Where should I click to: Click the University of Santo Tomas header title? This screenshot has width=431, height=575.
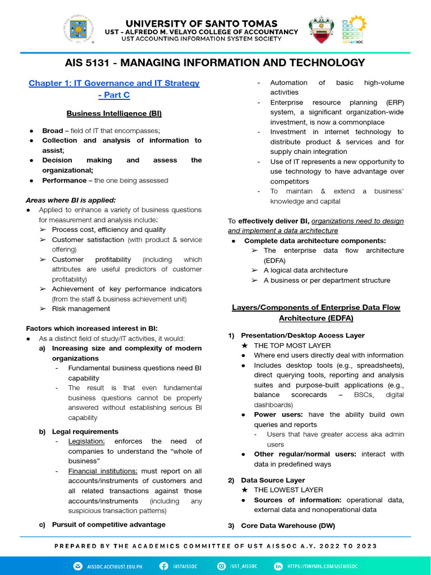click(201, 24)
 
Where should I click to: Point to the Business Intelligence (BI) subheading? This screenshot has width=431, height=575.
click(114, 113)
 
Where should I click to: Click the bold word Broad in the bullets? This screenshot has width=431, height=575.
click(52, 131)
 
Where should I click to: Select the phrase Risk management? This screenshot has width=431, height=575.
click(81, 308)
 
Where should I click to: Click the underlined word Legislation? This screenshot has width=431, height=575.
click(86, 441)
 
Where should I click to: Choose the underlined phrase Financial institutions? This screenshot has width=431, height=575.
click(103, 471)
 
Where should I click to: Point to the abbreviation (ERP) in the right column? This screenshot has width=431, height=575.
click(392, 102)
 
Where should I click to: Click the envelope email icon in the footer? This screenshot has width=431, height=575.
click(77, 567)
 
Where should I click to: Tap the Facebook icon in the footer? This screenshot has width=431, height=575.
click(164, 567)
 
